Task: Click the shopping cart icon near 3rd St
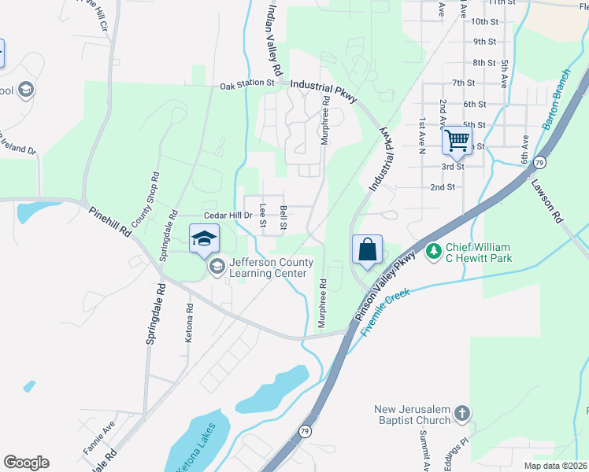tap(456, 142)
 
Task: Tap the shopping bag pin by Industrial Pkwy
tap(367, 251)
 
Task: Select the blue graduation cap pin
tap(203, 238)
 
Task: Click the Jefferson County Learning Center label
tap(267, 267)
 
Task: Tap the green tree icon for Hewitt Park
tap(433, 252)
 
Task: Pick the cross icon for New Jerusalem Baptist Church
tap(462, 413)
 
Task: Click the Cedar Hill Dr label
tap(228, 215)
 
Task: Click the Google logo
tap(26, 463)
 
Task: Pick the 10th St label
tap(485, 22)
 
